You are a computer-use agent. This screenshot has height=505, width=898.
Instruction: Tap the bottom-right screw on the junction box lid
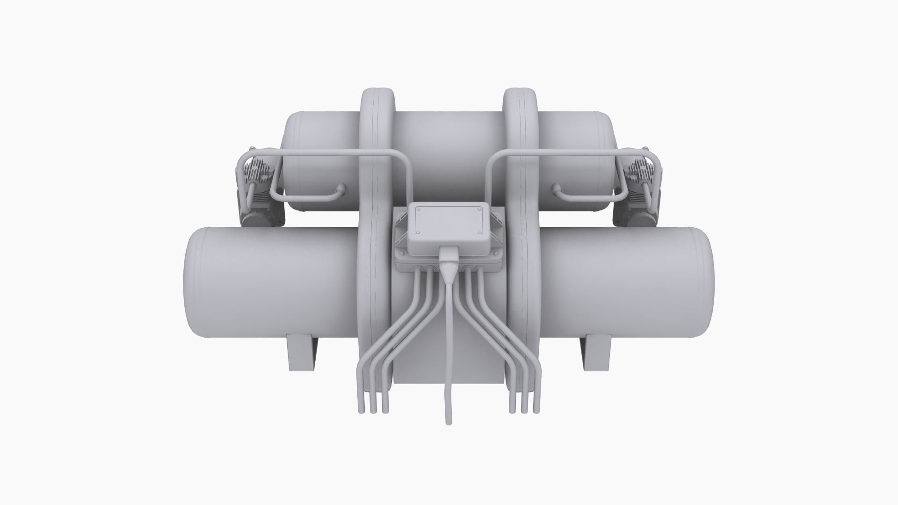coord(480,232)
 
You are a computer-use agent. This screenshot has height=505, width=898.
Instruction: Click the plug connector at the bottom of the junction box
coord(448,260)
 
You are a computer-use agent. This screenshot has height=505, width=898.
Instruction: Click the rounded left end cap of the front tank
coord(193,282)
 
